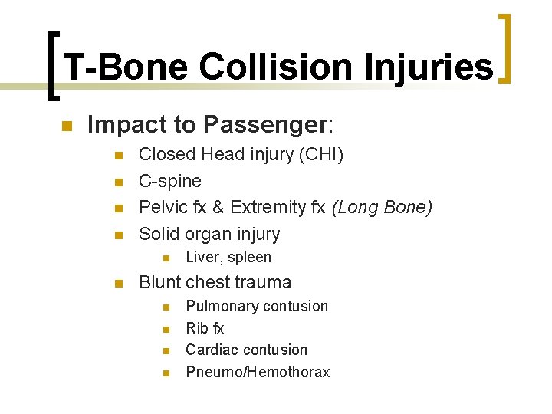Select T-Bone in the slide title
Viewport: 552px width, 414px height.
click(124, 67)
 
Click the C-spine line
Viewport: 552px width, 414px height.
click(170, 181)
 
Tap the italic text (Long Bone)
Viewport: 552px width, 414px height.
click(382, 207)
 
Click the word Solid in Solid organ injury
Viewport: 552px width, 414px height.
click(158, 234)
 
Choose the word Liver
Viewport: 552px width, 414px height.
click(202, 258)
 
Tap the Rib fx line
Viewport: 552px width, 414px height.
click(205, 328)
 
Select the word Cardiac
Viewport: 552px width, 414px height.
click(212, 350)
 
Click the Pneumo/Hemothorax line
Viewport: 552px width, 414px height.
click(258, 372)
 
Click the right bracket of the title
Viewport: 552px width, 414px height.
click(506, 48)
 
